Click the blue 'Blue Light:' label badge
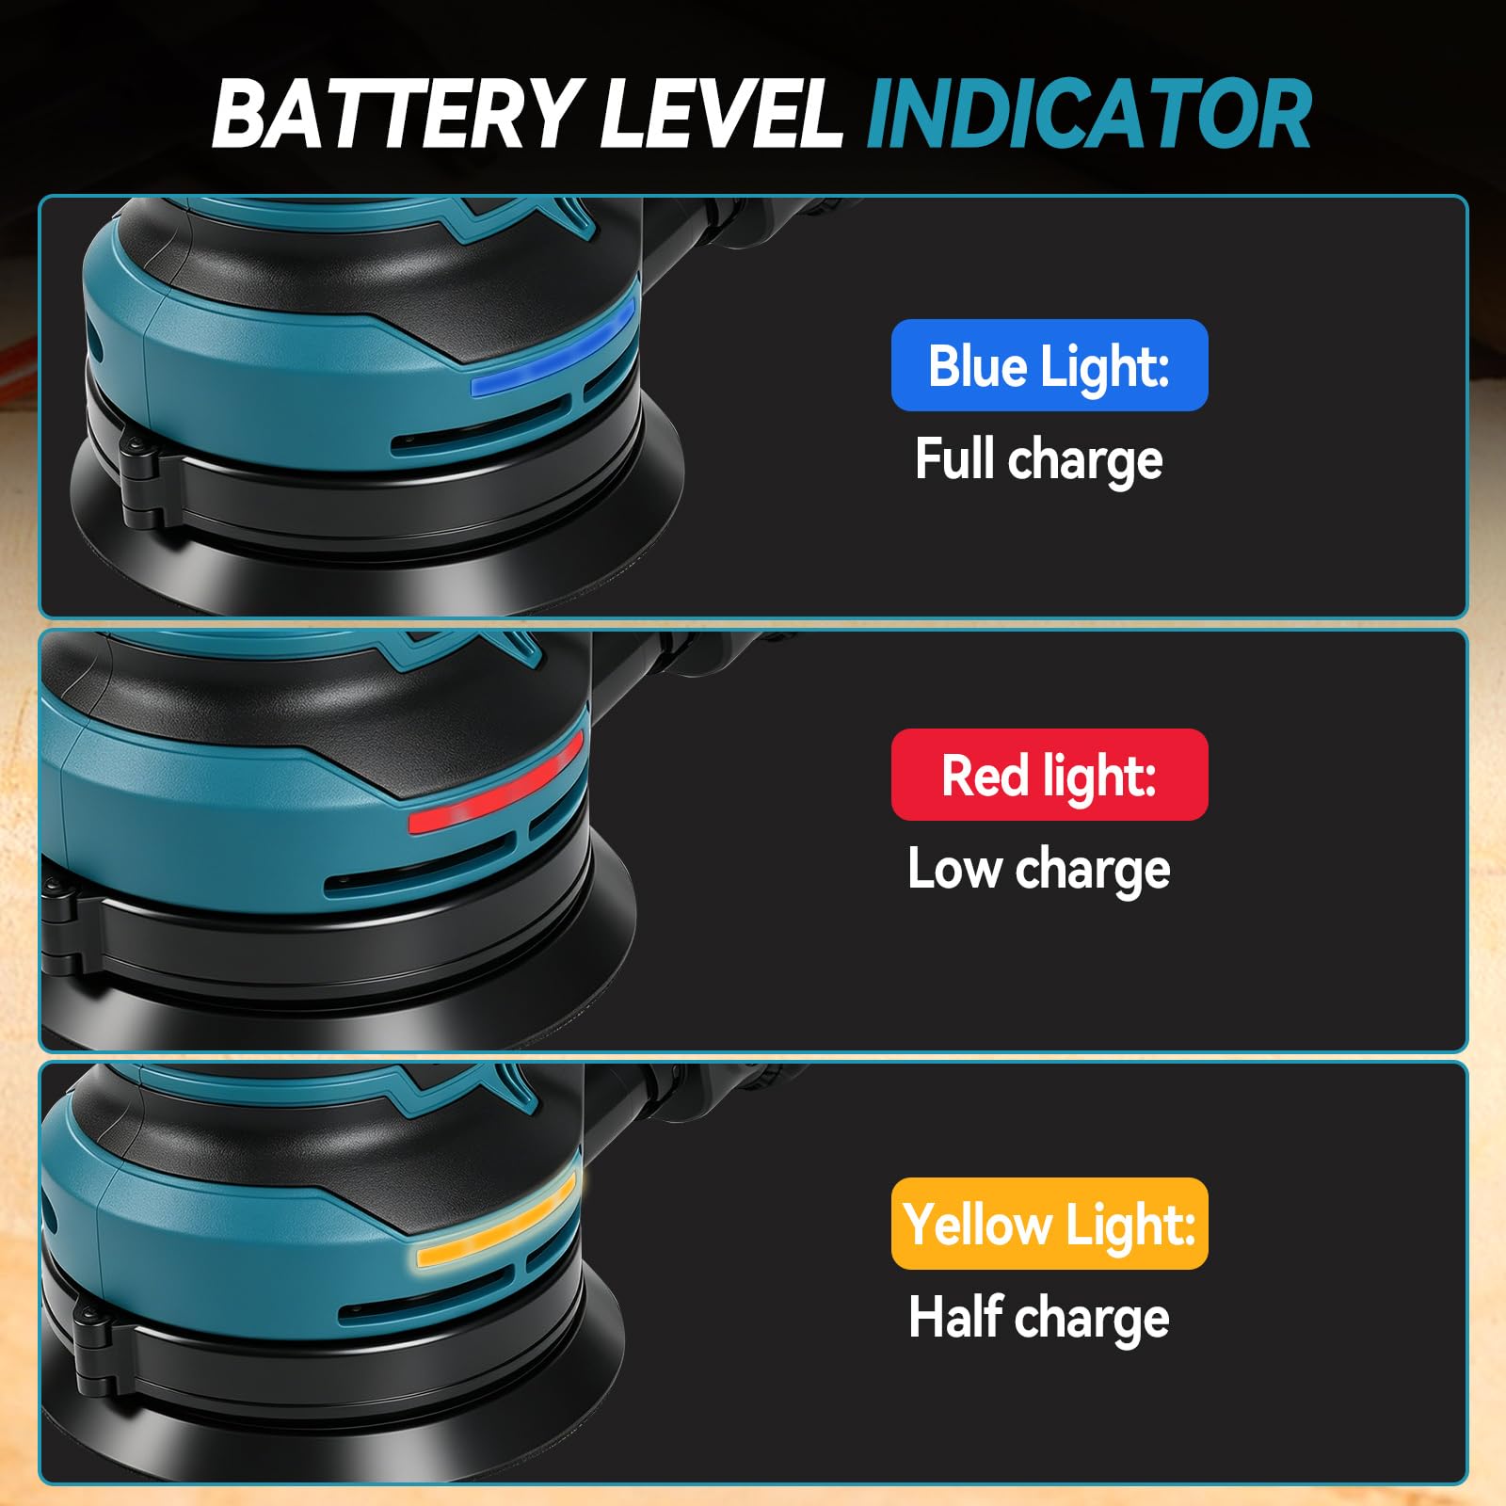coord(1049,365)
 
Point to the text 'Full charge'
coord(1039,459)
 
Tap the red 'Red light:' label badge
coord(1049,775)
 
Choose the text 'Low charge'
coord(1039,869)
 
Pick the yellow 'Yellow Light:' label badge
coord(1049,1224)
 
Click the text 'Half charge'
coord(1039,1317)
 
